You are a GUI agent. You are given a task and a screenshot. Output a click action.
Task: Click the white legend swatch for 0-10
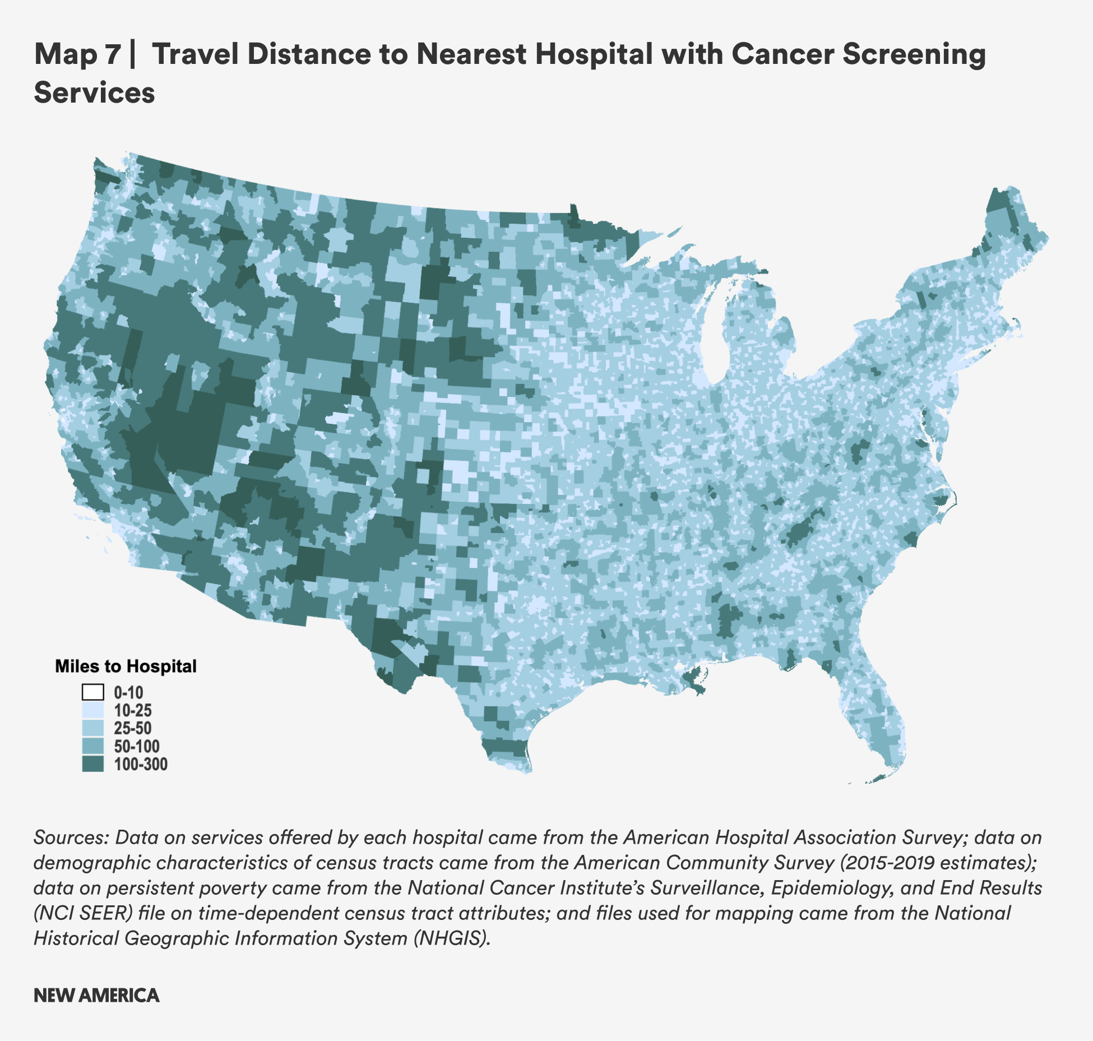click(92, 692)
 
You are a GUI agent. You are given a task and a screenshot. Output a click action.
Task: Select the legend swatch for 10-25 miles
click(92, 710)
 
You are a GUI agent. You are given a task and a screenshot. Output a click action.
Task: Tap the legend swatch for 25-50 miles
click(92, 728)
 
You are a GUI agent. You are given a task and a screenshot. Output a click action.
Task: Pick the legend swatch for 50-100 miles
click(92, 746)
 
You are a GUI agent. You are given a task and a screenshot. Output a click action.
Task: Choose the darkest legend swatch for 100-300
click(92, 764)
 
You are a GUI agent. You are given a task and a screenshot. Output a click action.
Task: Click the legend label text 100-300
click(141, 764)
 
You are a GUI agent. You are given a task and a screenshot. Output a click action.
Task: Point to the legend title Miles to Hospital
click(126, 666)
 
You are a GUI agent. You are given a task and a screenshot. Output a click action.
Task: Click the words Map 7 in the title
click(77, 54)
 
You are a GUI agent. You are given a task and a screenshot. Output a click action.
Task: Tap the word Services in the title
click(94, 92)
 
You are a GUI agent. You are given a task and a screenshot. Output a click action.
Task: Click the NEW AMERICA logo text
click(96, 996)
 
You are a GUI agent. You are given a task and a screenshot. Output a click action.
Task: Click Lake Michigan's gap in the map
click(715, 336)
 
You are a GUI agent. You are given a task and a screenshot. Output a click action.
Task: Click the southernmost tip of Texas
click(527, 771)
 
